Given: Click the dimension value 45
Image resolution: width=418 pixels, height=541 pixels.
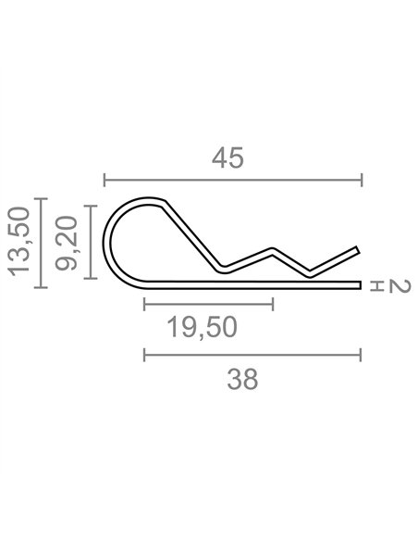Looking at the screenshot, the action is (227, 158).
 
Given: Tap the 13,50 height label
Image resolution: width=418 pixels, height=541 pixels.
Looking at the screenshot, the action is (18, 242).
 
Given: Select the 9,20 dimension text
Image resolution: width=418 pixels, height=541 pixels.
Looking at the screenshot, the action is (66, 243).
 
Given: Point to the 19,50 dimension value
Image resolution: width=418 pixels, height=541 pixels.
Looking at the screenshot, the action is (202, 327).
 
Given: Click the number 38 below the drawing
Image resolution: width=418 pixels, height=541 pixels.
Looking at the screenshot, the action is (242, 379).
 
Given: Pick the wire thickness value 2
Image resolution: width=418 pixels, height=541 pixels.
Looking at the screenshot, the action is (400, 287).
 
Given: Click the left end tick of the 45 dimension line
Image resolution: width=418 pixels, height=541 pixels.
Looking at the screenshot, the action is (104, 180).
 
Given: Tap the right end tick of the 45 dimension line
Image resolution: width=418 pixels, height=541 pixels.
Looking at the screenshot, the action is (362, 180).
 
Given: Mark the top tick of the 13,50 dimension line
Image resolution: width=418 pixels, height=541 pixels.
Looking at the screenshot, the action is (41, 199).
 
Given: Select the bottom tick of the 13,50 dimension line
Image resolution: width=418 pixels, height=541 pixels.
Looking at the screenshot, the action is (41, 287).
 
